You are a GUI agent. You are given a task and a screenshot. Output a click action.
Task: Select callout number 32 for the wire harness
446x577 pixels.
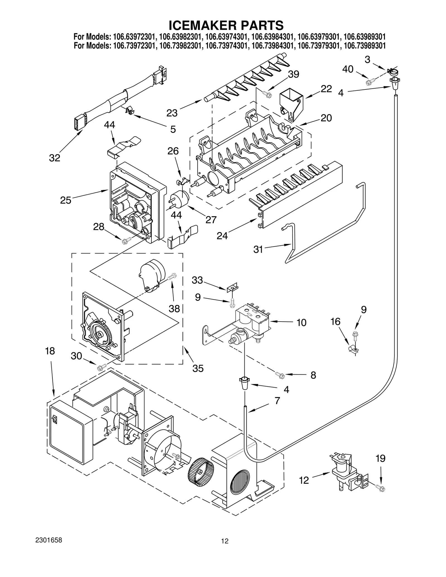(55, 158)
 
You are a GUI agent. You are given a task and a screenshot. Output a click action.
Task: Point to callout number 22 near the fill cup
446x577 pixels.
(326, 89)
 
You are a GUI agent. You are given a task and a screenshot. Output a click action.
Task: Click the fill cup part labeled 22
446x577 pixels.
(291, 105)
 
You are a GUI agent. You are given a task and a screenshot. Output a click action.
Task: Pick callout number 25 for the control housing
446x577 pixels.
(66, 200)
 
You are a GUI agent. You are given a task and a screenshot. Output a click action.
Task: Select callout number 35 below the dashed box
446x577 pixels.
(198, 368)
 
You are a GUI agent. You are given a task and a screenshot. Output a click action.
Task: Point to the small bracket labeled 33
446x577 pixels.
(232, 287)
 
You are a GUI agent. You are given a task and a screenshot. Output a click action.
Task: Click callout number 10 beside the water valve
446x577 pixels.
(301, 323)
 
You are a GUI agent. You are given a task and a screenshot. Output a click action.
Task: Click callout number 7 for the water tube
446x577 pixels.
(277, 401)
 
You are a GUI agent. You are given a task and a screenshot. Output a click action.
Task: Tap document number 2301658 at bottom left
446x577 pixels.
(49, 548)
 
